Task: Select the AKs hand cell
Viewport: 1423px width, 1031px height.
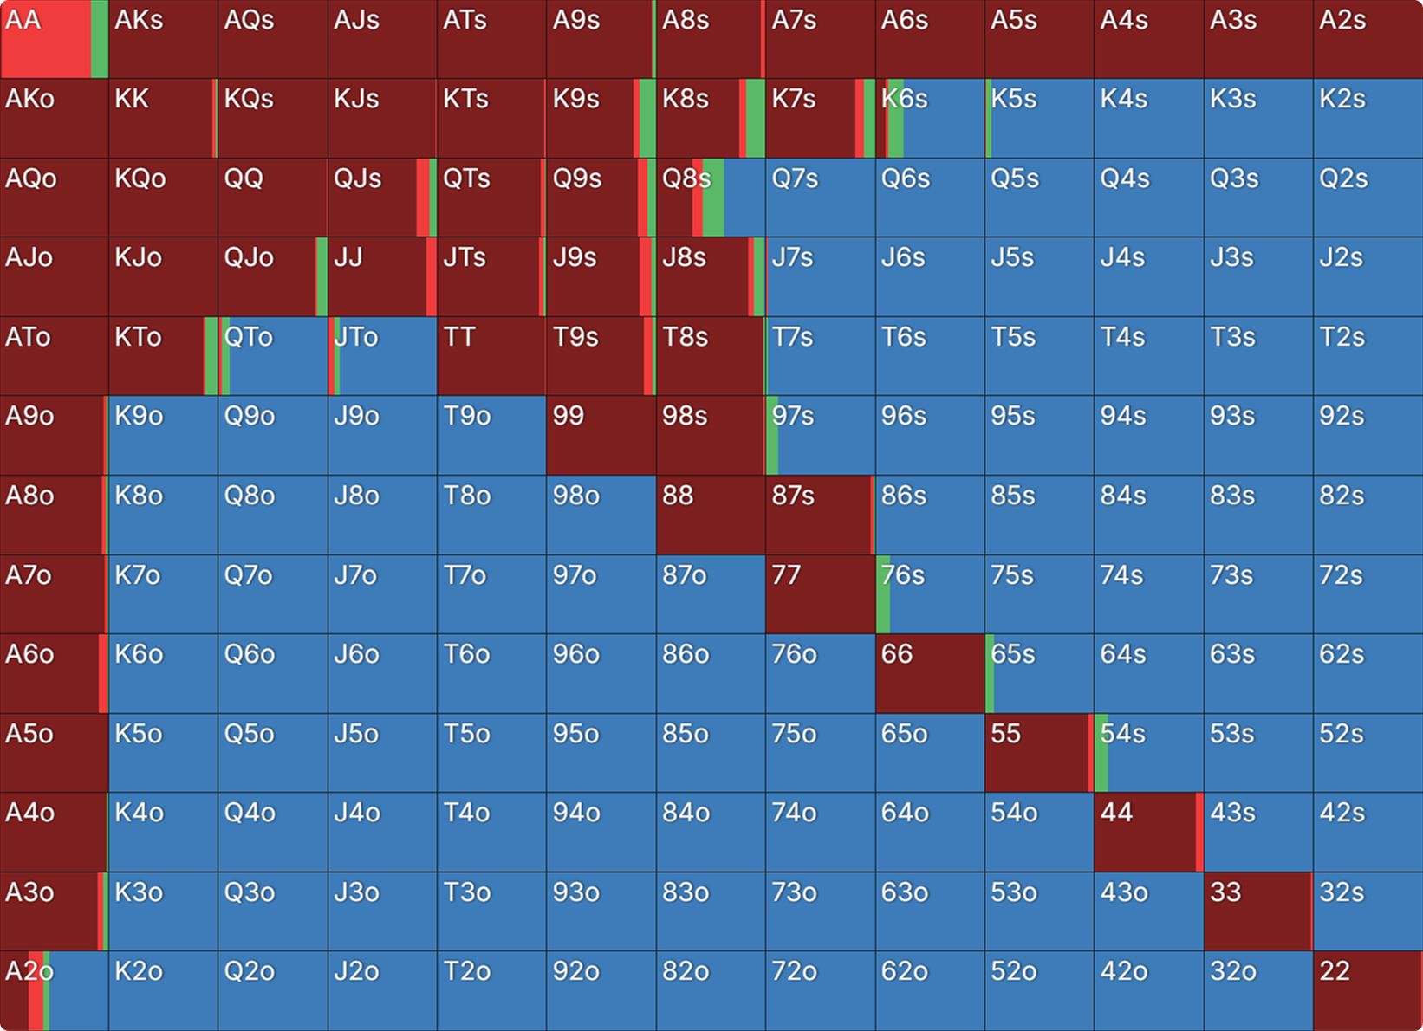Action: pyautogui.click(x=163, y=40)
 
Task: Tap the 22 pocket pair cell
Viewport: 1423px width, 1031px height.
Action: pyautogui.click(x=1368, y=990)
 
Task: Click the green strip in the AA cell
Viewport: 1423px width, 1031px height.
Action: pyautogui.click(x=100, y=40)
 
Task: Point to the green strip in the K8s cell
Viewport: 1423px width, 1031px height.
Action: pyautogui.click(x=755, y=119)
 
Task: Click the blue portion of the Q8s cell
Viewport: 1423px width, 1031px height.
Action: pyautogui.click(x=744, y=198)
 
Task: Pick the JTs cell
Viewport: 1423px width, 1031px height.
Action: pyautogui.click(x=491, y=277)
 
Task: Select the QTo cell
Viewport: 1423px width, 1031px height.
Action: pyautogui.click(x=273, y=356)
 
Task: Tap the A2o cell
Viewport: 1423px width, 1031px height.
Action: pyautogui.click(x=54, y=990)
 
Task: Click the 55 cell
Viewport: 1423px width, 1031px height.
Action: pyautogui.click(x=1038, y=753)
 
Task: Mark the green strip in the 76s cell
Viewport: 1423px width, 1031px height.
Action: pyautogui.click(x=883, y=594)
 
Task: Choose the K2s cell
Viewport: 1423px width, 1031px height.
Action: pyautogui.click(x=1368, y=119)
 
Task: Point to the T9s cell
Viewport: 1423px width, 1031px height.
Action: pyautogui.click(x=601, y=356)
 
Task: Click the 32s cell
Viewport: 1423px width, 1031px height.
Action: pyautogui.click(x=1368, y=911)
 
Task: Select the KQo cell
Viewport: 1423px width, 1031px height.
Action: pyautogui.click(x=163, y=198)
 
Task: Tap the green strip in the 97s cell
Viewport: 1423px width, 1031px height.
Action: pyautogui.click(x=772, y=436)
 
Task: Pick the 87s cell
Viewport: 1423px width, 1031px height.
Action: pyautogui.click(x=820, y=515)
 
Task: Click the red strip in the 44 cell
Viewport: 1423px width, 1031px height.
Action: pyautogui.click(x=1199, y=832)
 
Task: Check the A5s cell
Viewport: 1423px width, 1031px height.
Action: pyautogui.click(x=1039, y=40)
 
